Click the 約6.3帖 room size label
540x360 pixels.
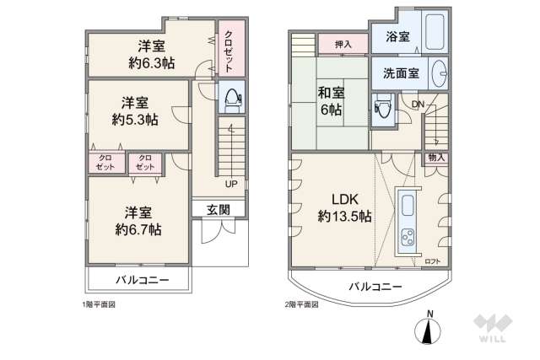pos(152,63)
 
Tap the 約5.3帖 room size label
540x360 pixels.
pos(135,120)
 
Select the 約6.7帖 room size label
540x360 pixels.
pos(138,229)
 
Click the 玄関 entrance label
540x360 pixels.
pos(219,210)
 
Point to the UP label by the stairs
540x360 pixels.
pos(231,184)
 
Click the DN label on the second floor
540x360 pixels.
pos(418,105)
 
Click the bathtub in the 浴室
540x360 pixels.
pos(435,32)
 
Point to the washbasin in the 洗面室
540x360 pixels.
pos(439,73)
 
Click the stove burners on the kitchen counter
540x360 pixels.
pos(408,238)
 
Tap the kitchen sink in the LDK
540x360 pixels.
pos(408,206)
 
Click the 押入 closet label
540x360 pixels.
pos(343,44)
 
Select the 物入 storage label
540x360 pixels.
pos(436,158)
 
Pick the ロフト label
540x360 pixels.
pos(433,261)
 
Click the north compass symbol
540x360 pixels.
pos(428,330)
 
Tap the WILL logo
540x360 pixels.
pos(493,328)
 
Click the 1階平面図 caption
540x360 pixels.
pos(99,304)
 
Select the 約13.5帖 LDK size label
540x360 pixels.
pos(344,217)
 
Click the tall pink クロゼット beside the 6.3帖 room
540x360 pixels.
pos(231,48)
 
